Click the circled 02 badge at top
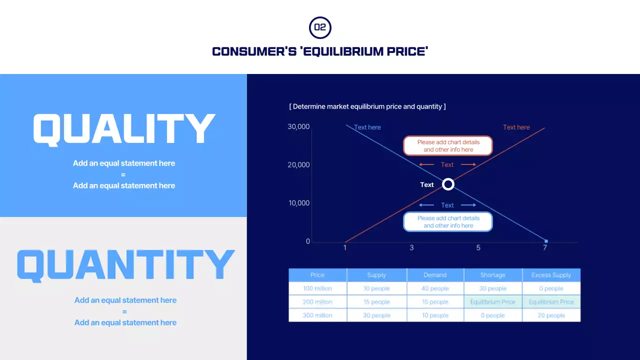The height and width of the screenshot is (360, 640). click(x=320, y=27)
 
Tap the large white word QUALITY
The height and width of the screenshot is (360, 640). click(x=124, y=129)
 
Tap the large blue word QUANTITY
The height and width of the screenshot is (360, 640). click(x=125, y=265)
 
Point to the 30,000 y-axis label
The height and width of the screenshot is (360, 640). click(x=298, y=127)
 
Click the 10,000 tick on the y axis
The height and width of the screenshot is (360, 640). click(x=298, y=203)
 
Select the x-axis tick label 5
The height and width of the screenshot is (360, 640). click(x=478, y=248)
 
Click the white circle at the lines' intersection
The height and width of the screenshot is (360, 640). click(x=448, y=184)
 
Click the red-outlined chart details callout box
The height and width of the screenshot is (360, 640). click(x=448, y=146)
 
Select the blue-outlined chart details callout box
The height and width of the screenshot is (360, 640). click(x=448, y=222)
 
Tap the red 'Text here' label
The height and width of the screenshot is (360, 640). click(x=516, y=127)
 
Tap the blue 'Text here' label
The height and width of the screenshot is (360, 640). click(x=367, y=127)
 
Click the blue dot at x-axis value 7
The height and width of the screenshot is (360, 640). click(x=546, y=241)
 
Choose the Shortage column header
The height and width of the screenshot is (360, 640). click(x=492, y=275)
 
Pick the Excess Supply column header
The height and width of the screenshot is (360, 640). click(x=551, y=275)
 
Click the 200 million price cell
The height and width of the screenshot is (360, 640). click(x=317, y=302)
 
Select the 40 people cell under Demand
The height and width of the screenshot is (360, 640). click(x=435, y=288)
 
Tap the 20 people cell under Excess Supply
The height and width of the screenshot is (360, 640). click(x=551, y=315)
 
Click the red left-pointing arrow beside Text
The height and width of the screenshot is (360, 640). click(x=426, y=165)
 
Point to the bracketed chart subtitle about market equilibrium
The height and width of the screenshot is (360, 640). click(x=367, y=106)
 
